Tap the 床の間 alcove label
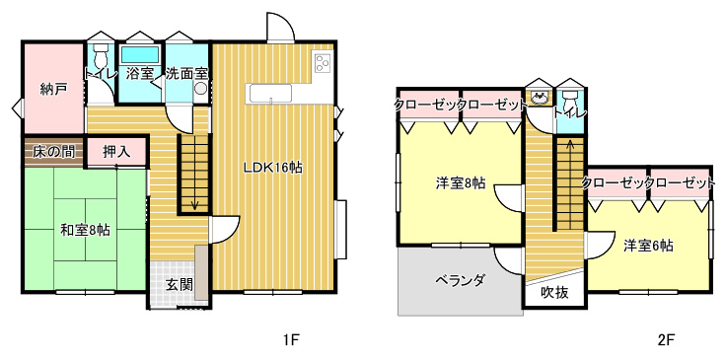[x=53, y=152]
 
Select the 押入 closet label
[x=116, y=152]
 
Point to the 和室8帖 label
[x=86, y=230]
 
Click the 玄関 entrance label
[x=179, y=285]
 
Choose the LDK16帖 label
[x=273, y=168]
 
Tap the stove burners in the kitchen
[x=322, y=63]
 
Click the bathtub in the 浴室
[x=140, y=55]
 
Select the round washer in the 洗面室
[x=201, y=88]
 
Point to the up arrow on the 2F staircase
[x=570, y=147]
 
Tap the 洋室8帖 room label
[x=460, y=183]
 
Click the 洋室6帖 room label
[x=648, y=246]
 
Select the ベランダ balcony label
[x=460, y=279]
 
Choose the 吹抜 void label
[x=554, y=293]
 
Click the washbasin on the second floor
[x=540, y=98]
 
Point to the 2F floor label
[x=666, y=340]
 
